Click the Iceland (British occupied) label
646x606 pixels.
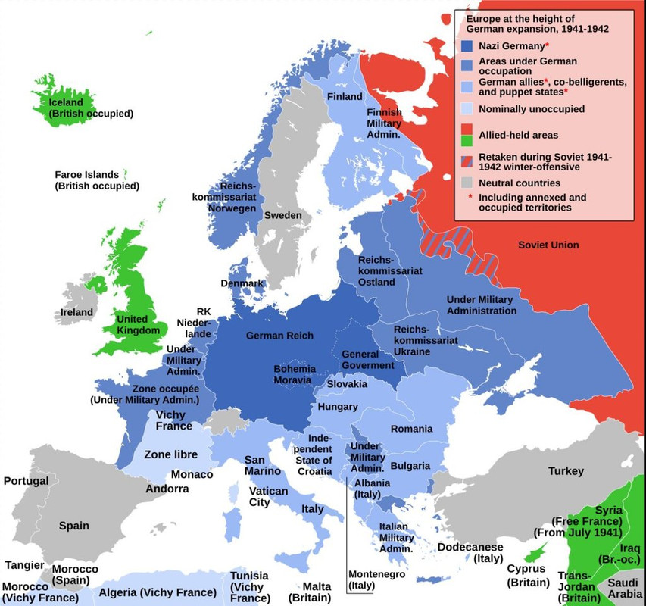tap(90, 108)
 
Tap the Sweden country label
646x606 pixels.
tap(282, 215)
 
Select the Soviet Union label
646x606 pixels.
tap(548, 245)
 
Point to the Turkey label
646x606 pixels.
tap(566, 471)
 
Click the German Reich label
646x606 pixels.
tap(279, 336)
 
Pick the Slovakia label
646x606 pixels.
tap(347, 384)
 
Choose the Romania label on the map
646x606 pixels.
tap(411, 429)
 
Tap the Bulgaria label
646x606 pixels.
tap(410, 465)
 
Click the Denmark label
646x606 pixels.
tap(242, 283)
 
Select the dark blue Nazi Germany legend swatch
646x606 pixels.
tap(467, 46)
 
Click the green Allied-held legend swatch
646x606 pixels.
tap(467, 140)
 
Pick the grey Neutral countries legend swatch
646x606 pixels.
tap(467, 183)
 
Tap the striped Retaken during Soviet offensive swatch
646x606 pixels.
tap(467, 161)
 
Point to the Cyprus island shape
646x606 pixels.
tap(536, 548)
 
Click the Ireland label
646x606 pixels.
tap(77, 312)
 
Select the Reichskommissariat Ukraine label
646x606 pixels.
tap(426, 340)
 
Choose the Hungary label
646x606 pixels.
tap(338, 407)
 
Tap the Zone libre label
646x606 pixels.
tap(170, 454)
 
